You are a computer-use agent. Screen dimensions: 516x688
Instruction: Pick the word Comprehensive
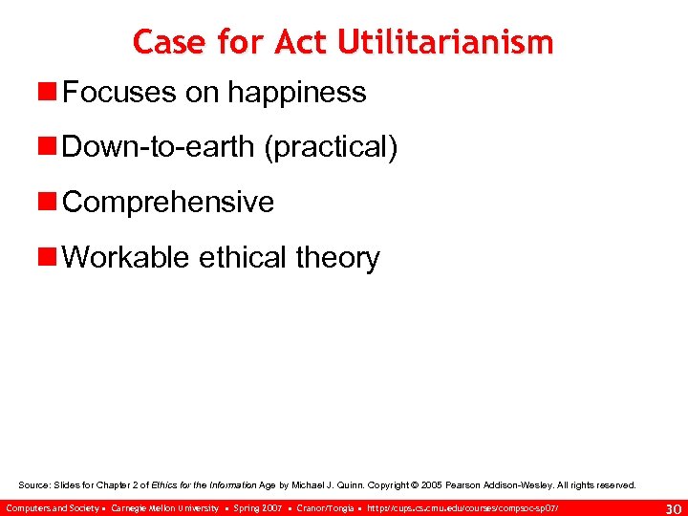pyautogui.click(x=168, y=203)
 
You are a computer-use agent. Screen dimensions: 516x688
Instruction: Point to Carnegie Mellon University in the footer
pyautogui.click(x=164, y=507)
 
